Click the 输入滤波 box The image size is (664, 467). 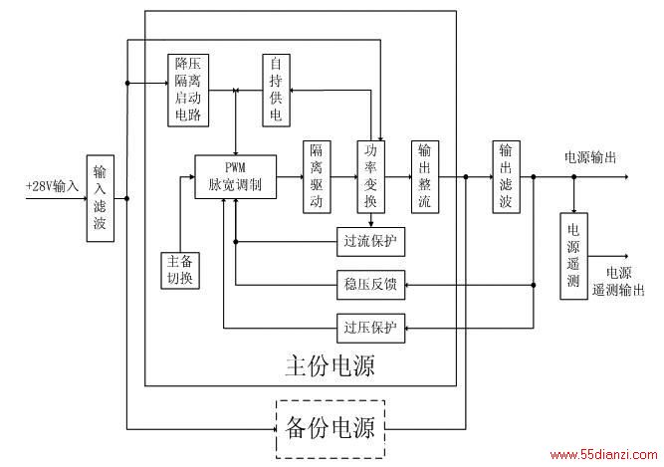(x=101, y=198)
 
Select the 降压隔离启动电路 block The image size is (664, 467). (x=188, y=91)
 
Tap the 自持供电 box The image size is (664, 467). (x=276, y=91)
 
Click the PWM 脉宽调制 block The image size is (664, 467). (x=236, y=176)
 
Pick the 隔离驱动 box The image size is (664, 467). (x=317, y=177)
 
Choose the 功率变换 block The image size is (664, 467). (x=371, y=177)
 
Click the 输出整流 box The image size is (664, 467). (x=425, y=177)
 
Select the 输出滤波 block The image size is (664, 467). (x=506, y=177)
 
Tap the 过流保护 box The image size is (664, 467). (x=370, y=242)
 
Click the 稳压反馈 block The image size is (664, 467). (x=370, y=285)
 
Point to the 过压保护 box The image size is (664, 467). (x=370, y=329)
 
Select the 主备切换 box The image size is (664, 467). (x=180, y=271)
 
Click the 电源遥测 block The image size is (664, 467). (x=573, y=256)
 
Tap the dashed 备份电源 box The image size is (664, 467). (x=331, y=429)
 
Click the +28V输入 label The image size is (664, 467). (x=53, y=186)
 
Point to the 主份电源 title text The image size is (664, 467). (x=331, y=365)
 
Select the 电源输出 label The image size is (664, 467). (x=590, y=157)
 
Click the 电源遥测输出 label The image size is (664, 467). (x=618, y=281)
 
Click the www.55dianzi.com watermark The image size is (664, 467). (x=603, y=455)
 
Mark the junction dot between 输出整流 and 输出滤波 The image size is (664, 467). (x=466, y=177)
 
